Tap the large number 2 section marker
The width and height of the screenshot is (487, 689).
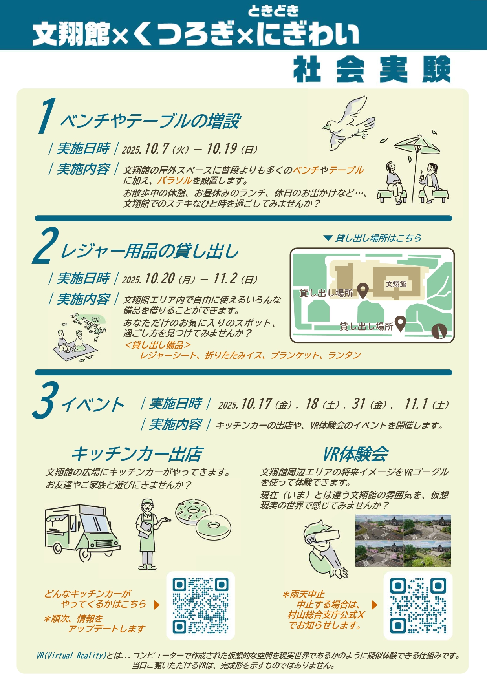click(x=46, y=245)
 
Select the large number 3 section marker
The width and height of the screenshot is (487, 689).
click(x=46, y=400)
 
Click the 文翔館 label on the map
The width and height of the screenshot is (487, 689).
click(x=396, y=284)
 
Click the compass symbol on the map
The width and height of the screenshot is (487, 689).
click(x=439, y=331)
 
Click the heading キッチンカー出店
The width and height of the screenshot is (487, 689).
click(x=137, y=454)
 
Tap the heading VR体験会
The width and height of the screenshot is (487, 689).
click(x=355, y=454)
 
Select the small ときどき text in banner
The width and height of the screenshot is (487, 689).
click(x=273, y=11)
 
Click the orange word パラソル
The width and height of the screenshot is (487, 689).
click(x=174, y=181)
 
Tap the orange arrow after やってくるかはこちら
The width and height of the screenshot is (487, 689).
click(x=157, y=605)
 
